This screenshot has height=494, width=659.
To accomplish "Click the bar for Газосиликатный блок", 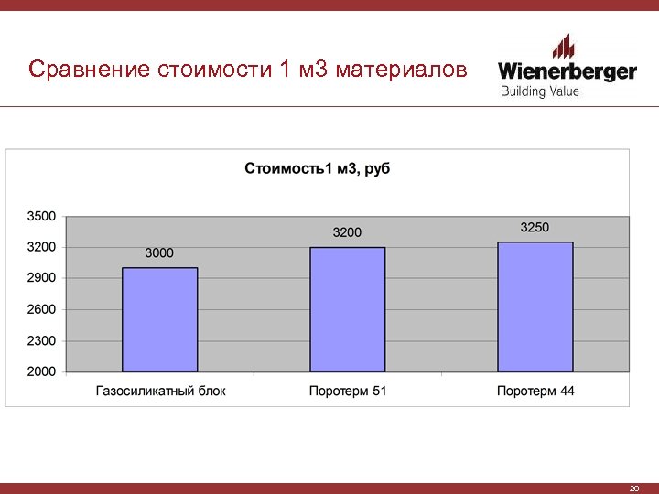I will coord(159,319).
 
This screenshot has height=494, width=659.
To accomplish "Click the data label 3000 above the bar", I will coord(159,252).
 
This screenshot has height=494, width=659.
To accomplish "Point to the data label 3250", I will coord(535,227).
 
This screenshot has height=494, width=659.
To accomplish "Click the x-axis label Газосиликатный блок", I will coord(160,391).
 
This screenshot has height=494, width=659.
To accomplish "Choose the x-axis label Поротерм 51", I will coord(348,391).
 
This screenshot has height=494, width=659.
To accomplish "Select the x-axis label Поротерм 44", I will coord(535,391).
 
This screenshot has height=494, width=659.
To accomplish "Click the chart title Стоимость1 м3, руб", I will coord(317,168).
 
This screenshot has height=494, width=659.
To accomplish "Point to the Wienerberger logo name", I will coord(567,70).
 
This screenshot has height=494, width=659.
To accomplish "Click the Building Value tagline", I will coord(540,91).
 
